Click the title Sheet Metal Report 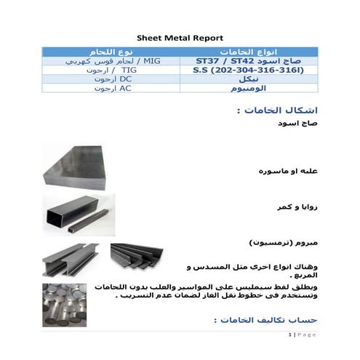[180, 37]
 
